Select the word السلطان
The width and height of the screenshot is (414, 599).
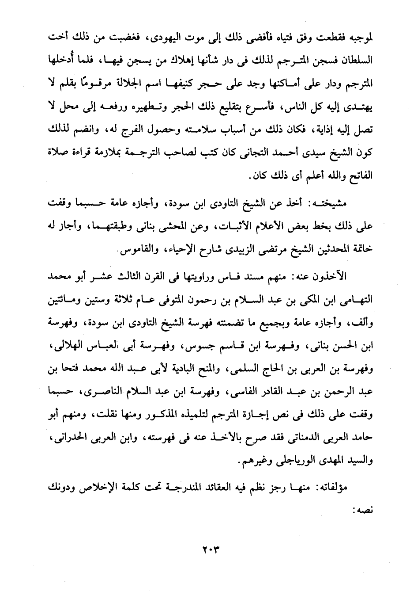tap(356, 61)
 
